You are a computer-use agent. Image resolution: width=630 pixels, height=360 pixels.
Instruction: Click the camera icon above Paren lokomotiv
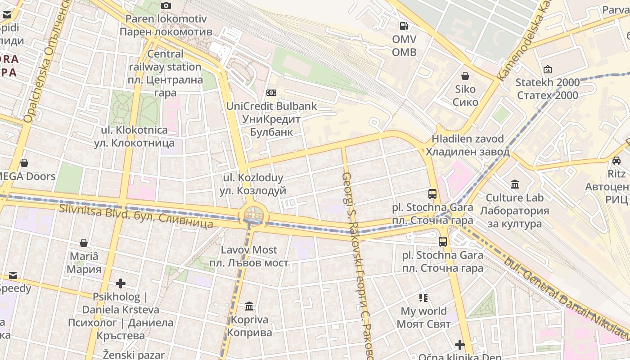(x=166, y=5)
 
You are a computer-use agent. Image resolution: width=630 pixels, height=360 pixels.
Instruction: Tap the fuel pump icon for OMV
(x=404, y=26)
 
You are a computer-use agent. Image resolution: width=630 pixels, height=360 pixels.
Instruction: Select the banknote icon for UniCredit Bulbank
(x=271, y=93)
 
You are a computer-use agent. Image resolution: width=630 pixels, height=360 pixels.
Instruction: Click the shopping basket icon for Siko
(x=465, y=76)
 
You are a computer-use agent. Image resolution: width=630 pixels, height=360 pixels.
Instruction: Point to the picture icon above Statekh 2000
(x=548, y=69)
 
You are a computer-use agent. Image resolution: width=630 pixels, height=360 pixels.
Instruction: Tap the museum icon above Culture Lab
(x=515, y=184)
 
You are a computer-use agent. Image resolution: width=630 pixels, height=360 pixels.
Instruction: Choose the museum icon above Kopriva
(x=249, y=306)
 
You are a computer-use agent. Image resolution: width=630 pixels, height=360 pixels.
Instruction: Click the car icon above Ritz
(x=616, y=160)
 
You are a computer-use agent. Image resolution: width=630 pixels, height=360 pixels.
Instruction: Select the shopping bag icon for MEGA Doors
(x=24, y=162)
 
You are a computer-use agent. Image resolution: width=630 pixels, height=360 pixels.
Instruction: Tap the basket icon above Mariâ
(x=84, y=243)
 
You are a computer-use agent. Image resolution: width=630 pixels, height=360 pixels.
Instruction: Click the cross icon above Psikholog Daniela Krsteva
(x=121, y=283)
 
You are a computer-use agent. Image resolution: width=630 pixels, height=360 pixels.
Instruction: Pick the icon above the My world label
(x=423, y=297)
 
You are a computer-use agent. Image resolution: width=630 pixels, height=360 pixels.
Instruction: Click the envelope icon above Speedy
(x=13, y=275)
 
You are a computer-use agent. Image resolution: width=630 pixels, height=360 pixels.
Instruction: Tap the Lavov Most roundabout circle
(x=254, y=215)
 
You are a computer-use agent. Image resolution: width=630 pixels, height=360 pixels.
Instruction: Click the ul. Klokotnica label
(x=134, y=137)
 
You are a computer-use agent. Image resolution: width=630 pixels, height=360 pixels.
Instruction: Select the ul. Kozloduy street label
(x=253, y=184)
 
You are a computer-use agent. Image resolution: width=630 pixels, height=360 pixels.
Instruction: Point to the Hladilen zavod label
(x=468, y=145)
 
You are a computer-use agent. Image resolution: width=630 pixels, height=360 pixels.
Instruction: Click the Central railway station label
(x=165, y=73)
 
